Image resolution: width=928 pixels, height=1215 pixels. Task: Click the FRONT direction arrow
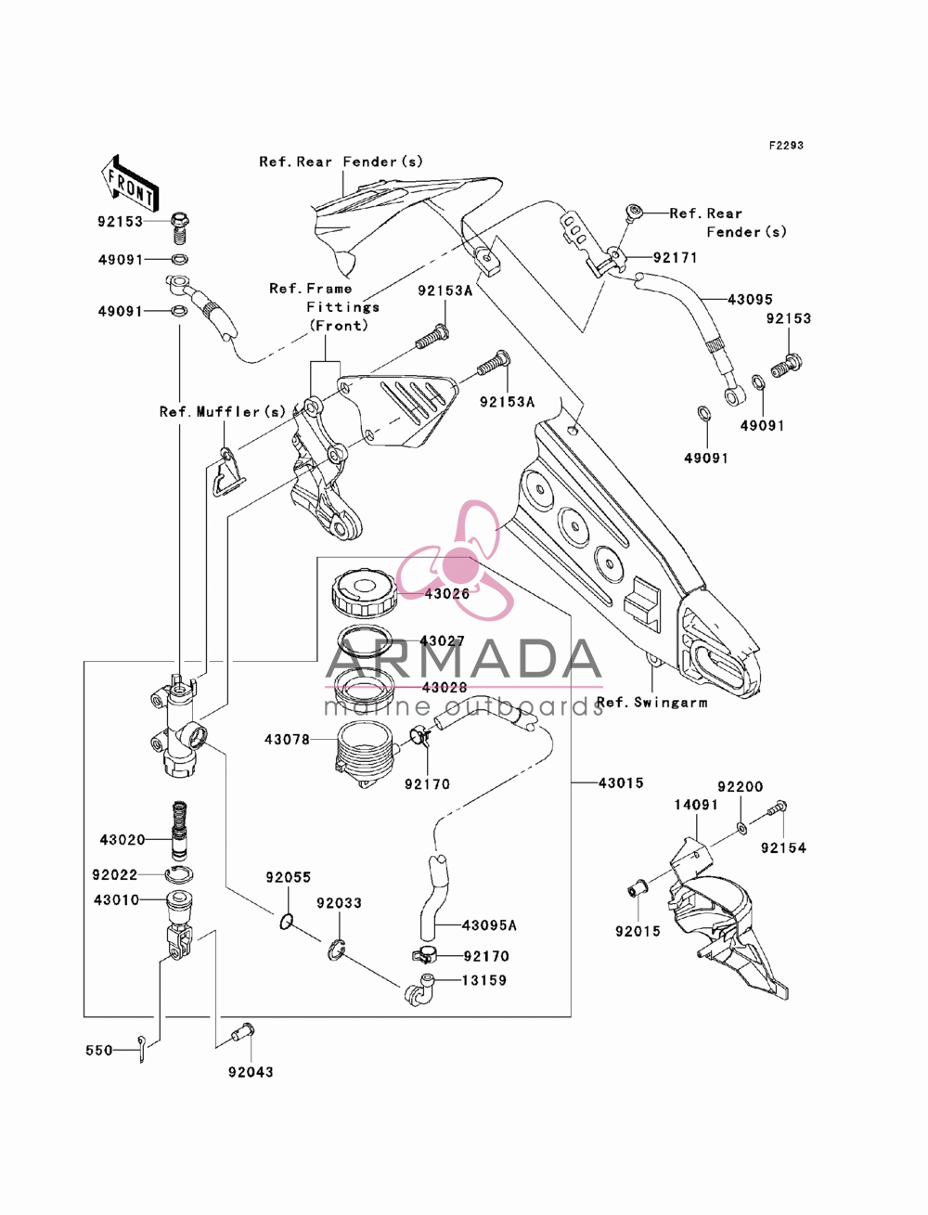pos(131,183)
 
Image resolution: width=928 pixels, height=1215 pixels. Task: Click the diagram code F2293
pos(786,146)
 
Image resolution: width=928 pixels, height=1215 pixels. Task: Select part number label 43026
pos(446,594)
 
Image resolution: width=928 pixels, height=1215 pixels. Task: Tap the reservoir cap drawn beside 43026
pos(365,594)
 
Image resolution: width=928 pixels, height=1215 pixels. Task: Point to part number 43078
pos(287,740)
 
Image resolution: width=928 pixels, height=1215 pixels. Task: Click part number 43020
pos(122,840)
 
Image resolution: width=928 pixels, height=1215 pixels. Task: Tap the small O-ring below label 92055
pos(286,922)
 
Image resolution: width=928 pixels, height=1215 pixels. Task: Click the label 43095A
pos(489,925)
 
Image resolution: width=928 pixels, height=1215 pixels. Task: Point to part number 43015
pos(621,782)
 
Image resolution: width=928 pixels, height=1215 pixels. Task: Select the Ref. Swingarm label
pos(651,703)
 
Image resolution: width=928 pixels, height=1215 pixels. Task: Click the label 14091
pos(696,805)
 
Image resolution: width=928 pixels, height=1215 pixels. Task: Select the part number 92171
pos(675,258)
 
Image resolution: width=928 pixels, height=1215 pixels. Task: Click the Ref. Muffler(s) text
pos(223,412)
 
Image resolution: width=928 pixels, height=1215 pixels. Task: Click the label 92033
pos(340,903)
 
